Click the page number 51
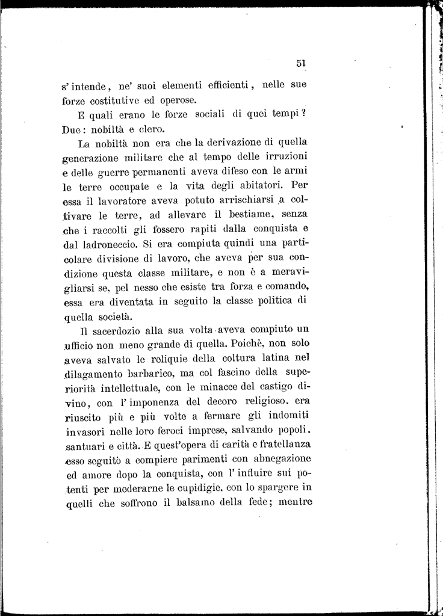[x=302, y=63]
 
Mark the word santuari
[x=84, y=446]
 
